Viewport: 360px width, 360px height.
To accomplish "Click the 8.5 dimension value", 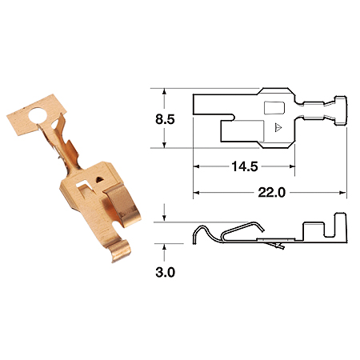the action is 165,119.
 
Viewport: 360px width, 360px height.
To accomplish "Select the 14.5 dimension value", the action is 245,166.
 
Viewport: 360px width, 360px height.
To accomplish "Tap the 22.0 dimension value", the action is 272,192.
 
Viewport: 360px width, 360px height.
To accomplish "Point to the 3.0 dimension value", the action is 166,272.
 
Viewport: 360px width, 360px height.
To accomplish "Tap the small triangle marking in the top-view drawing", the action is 278,127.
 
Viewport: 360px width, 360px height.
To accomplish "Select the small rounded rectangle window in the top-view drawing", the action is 274,108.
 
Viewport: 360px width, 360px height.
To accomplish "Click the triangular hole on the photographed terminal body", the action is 100,179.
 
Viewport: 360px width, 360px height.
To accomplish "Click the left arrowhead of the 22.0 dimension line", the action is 196,193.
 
